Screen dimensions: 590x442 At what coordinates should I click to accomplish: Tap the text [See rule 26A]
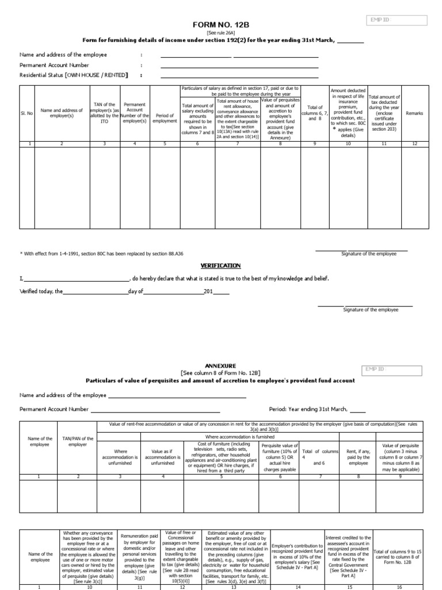click(x=222, y=33)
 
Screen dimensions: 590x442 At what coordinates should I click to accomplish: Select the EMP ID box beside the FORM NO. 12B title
click(x=397, y=21)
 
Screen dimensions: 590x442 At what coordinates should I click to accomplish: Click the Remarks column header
click(x=414, y=114)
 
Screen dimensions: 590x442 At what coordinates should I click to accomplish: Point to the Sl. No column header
click(x=27, y=114)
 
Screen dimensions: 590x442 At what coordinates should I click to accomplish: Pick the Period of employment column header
click(x=165, y=118)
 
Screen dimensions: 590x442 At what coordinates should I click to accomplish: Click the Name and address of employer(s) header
click(x=62, y=114)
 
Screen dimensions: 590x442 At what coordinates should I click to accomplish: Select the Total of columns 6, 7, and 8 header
click(x=315, y=113)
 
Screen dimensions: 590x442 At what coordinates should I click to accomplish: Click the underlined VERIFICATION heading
click(x=220, y=266)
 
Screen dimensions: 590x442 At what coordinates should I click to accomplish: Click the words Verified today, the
click(x=41, y=292)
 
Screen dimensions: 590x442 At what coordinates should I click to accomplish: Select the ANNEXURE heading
click(x=221, y=366)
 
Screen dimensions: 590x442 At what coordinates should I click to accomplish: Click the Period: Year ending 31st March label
click(x=308, y=409)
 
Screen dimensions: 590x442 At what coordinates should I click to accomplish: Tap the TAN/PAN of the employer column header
click(x=78, y=442)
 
